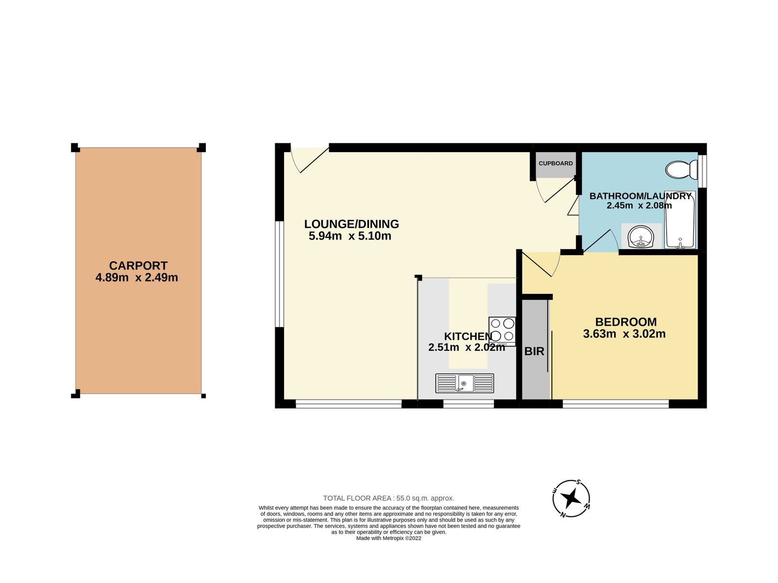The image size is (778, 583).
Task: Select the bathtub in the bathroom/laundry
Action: click(x=680, y=220)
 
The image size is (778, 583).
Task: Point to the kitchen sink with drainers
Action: click(x=464, y=383)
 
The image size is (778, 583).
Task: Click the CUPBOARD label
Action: click(x=555, y=163)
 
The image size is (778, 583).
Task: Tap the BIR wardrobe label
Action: click(x=534, y=351)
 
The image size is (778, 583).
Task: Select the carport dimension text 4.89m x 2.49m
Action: click(x=137, y=278)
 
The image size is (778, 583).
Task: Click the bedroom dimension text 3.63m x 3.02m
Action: click(x=624, y=334)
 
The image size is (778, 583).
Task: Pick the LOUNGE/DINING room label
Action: click(x=352, y=224)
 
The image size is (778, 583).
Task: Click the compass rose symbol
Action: click(x=571, y=498)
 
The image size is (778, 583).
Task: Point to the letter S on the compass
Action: click(x=578, y=482)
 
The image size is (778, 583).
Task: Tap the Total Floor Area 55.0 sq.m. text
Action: click(x=389, y=498)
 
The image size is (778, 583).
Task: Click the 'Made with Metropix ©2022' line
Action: click(x=389, y=538)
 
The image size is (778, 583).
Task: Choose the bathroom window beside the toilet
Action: click(x=702, y=171)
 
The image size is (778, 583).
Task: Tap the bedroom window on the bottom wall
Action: click(x=615, y=403)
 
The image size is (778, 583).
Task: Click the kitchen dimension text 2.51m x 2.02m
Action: click(x=466, y=348)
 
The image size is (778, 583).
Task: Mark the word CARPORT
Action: click(x=138, y=266)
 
